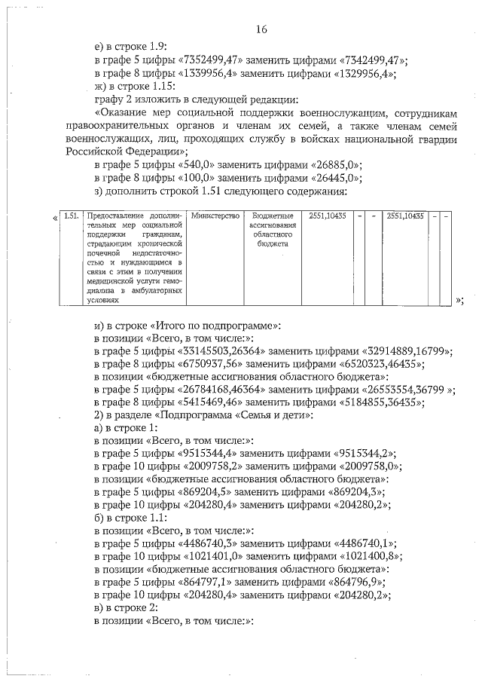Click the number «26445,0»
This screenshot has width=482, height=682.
331,179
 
